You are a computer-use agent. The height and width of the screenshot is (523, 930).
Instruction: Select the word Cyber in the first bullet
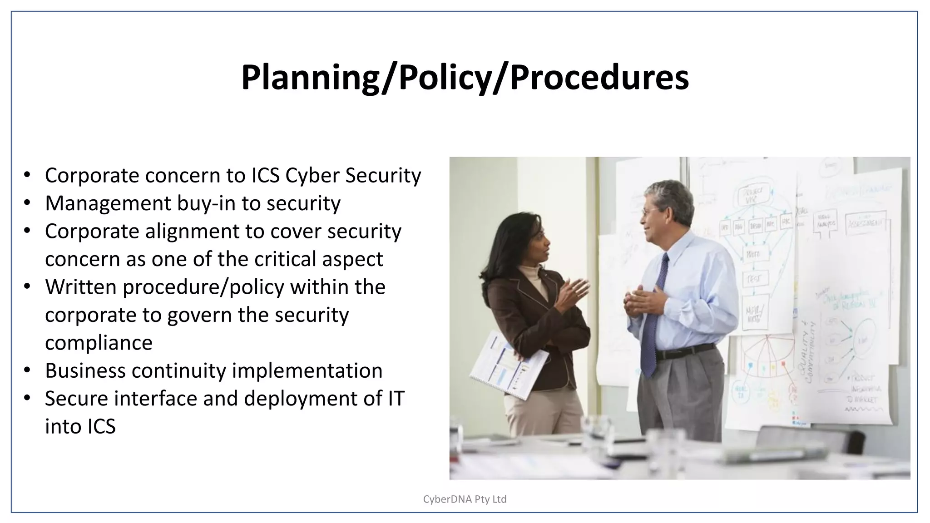pos(312,176)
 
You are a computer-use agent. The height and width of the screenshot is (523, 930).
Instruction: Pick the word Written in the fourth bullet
pos(80,287)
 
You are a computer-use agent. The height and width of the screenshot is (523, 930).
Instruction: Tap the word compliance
pos(99,343)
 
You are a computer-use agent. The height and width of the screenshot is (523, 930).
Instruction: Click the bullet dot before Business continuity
pos(27,370)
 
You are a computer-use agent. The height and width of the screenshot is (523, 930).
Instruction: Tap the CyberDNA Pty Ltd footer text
pos(465,499)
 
